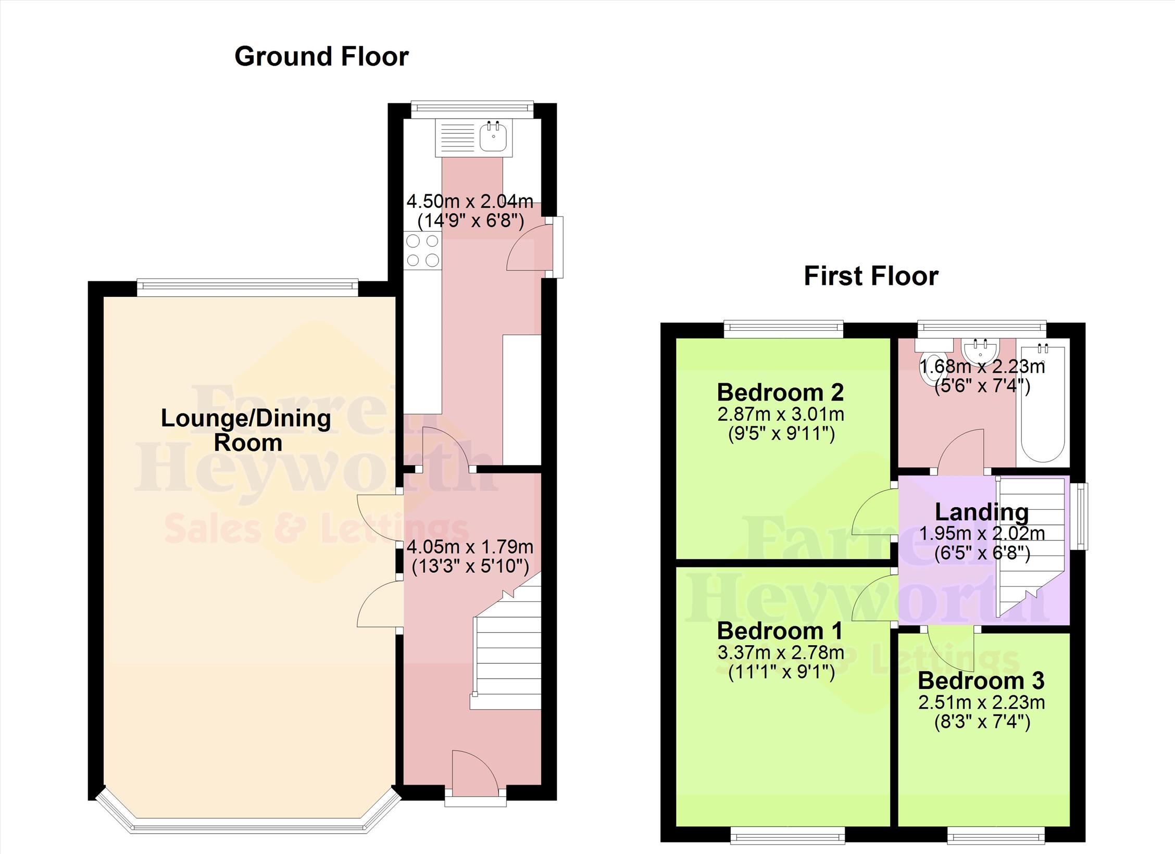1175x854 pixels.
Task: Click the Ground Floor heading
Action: click(x=321, y=57)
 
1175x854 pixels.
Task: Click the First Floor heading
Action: click(x=871, y=276)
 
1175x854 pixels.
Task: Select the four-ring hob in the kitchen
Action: click(x=422, y=250)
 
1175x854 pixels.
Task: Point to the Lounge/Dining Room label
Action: click(x=246, y=431)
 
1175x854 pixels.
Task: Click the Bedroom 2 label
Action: click(x=780, y=393)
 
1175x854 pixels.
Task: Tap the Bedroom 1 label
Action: click(x=780, y=631)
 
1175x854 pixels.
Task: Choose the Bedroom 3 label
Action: click(x=981, y=681)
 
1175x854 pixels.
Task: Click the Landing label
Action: click(x=982, y=512)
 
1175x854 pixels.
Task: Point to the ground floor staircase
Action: click(x=506, y=648)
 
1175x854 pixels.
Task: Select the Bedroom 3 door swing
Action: click(x=950, y=648)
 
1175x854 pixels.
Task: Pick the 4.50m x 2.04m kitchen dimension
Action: click(x=470, y=200)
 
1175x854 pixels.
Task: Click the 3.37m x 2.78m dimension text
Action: click(x=781, y=652)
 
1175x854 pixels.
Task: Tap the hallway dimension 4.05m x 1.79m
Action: click(x=470, y=547)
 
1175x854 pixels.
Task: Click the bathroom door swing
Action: click(x=961, y=451)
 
